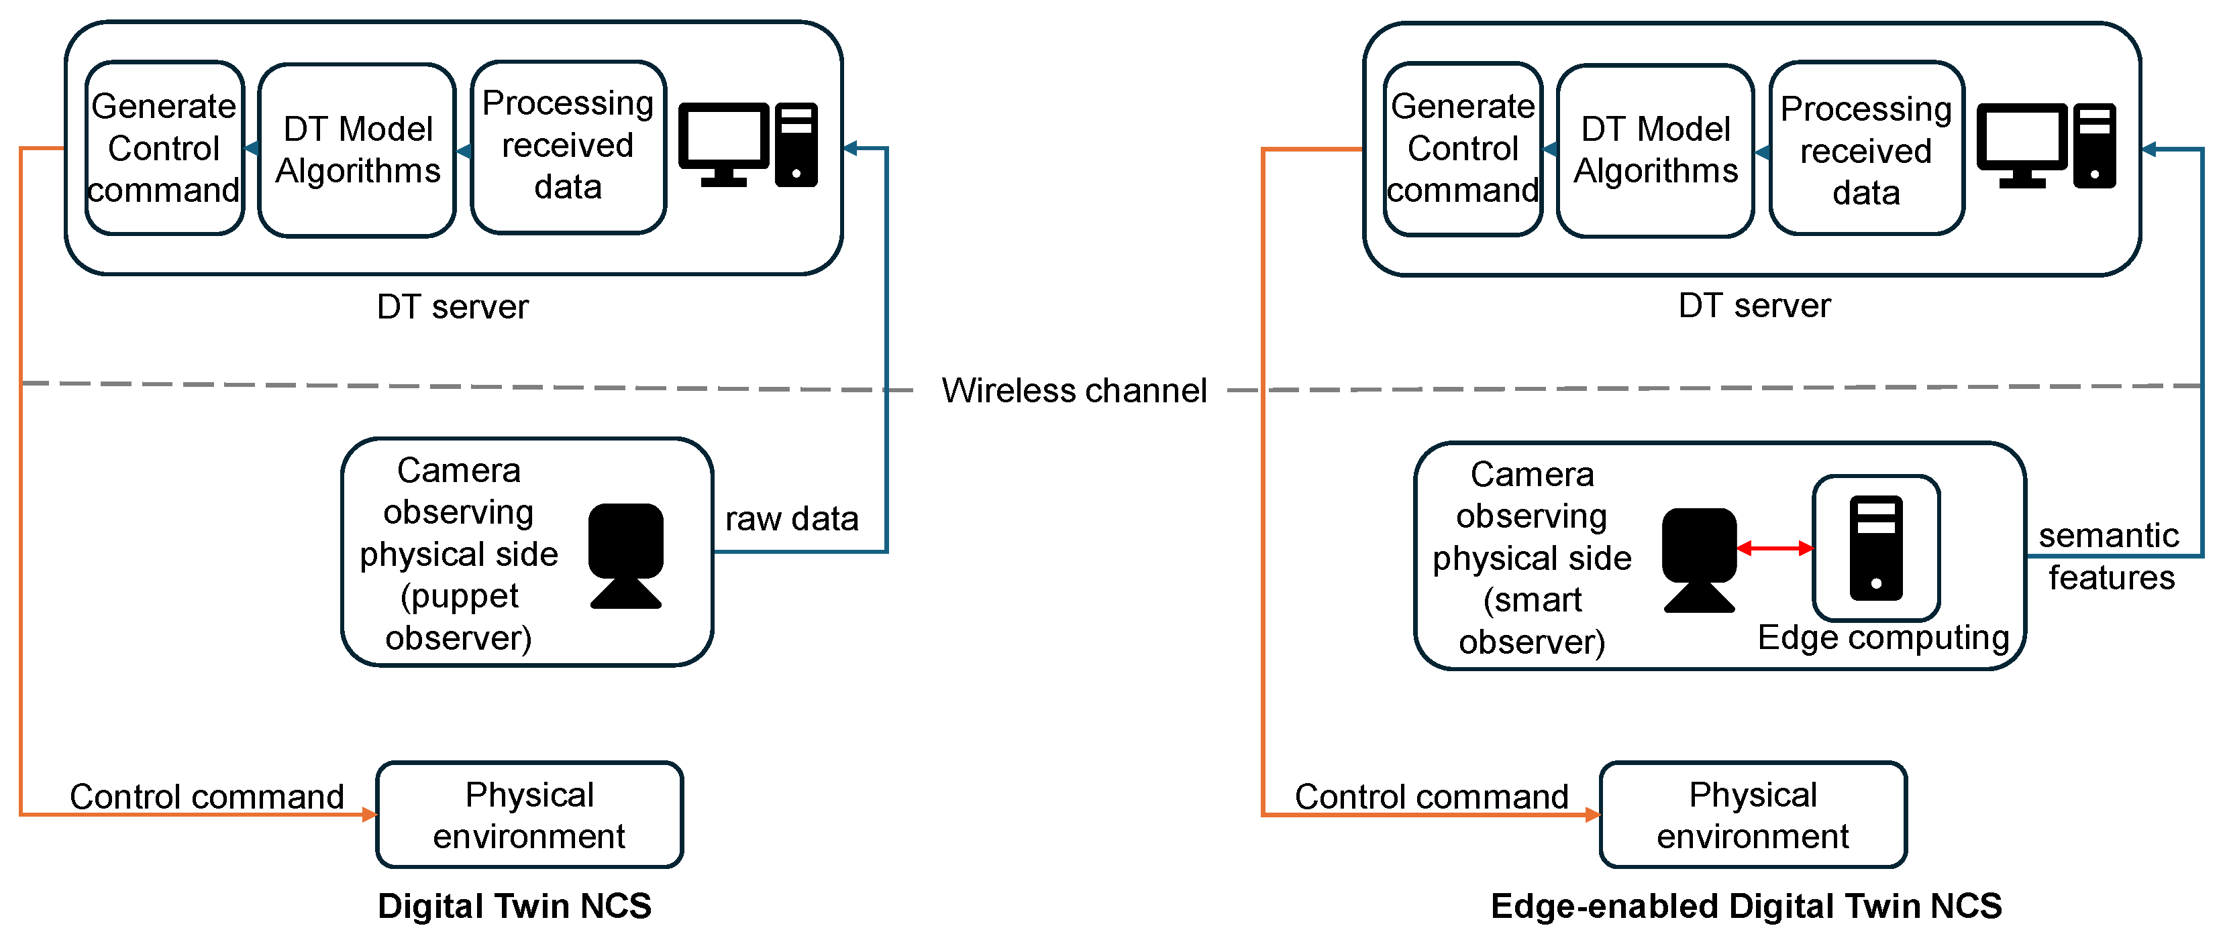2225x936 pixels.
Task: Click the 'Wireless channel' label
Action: click(1074, 390)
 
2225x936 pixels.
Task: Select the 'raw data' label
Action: click(791, 519)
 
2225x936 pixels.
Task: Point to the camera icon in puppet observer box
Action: click(625, 555)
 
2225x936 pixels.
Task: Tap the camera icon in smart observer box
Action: click(1698, 560)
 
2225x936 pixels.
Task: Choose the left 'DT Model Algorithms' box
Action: click(357, 150)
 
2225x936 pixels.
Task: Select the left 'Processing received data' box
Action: click(568, 146)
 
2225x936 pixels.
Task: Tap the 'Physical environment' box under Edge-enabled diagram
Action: click(1753, 814)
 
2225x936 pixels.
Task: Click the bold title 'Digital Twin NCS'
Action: click(514, 906)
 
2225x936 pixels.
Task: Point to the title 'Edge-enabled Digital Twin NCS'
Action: click(1746, 906)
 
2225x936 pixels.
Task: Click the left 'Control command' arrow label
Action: click(207, 795)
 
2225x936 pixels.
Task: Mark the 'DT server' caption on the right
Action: click(1753, 306)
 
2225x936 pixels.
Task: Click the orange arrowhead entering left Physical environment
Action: click(370, 813)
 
